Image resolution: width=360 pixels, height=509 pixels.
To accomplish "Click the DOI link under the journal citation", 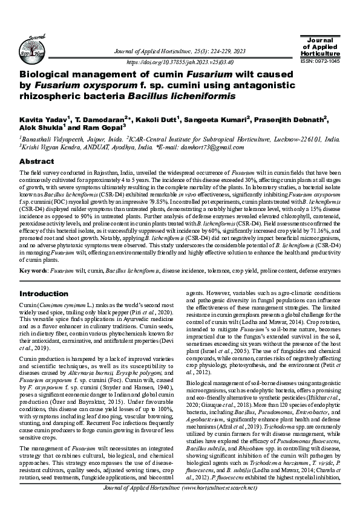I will coord(180,62).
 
